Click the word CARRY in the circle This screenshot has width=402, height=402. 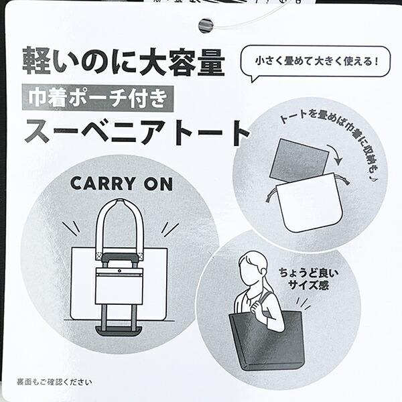(x=103, y=184)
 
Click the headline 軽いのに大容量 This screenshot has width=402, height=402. (x=123, y=62)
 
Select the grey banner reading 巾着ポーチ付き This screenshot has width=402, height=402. (x=98, y=98)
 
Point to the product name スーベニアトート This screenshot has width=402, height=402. (x=137, y=133)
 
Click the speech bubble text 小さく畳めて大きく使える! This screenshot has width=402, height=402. (x=317, y=62)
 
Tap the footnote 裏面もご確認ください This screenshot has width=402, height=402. (x=54, y=382)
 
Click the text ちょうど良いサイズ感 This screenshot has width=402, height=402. (x=308, y=279)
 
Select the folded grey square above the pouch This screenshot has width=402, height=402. (x=299, y=160)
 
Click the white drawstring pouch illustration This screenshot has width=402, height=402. (x=308, y=202)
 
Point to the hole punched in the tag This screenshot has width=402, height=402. (x=206, y=25)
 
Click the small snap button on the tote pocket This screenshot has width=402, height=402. (x=119, y=271)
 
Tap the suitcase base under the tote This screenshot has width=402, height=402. (x=119, y=331)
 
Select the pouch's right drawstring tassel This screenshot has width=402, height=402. (x=346, y=180)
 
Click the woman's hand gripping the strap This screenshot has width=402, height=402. (x=257, y=306)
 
